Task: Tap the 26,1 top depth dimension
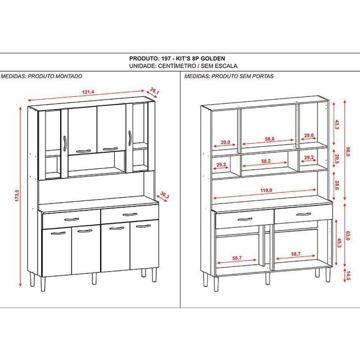click(x=154, y=91)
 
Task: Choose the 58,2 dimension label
click(x=266, y=161)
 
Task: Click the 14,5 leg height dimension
click(x=348, y=276)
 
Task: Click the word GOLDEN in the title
click(x=213, y=58)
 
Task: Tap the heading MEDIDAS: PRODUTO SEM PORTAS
click(x=229, y=76)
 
